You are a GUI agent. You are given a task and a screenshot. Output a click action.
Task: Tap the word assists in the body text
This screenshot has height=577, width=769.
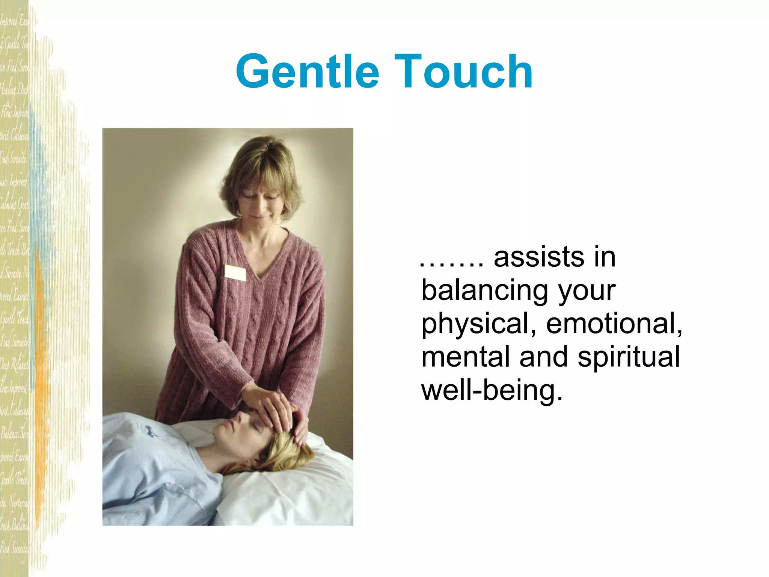538,257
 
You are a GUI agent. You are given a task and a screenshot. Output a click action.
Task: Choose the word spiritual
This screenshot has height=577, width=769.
629,357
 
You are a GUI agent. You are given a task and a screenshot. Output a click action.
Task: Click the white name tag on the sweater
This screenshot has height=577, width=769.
235,273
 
